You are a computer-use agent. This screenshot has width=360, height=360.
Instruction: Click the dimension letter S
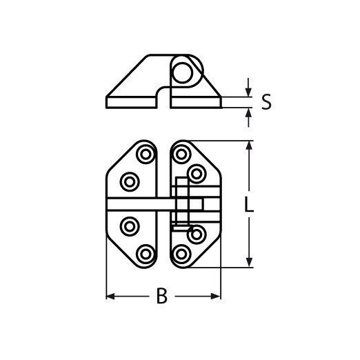click(x=266, y=102)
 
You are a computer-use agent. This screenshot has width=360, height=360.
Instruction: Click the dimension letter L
click(x=248, y=204)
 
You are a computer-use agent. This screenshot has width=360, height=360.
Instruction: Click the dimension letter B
click(x=161, y=296)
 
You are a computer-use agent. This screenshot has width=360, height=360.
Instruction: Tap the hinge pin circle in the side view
click(x=183, y=72)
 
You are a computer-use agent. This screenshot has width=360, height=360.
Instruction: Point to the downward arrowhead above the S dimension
click(x=248, y=92)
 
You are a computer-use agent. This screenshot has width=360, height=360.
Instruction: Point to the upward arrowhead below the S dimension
click(x=248, y=112)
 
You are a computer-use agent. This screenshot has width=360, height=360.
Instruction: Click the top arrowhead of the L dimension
click(x=249, y=146)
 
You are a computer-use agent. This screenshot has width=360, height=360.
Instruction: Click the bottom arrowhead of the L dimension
click(x=249, y=262)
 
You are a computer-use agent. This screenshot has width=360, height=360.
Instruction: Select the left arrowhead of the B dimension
click(x=110, y=297)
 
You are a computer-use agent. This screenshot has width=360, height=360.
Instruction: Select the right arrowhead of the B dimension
click(x=216, y=297)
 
